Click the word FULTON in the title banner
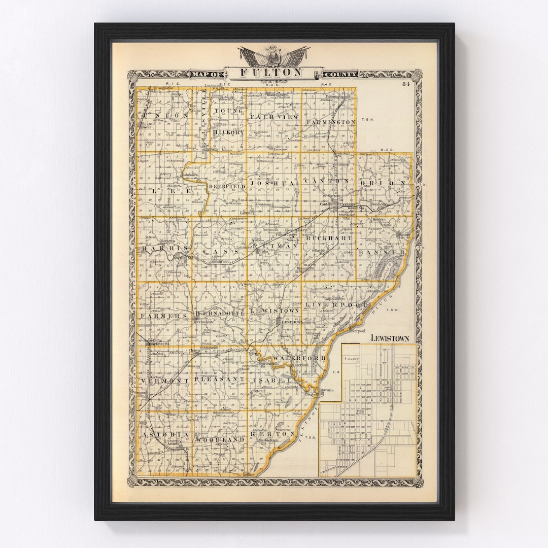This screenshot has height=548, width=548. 270,73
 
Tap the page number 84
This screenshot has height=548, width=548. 405,84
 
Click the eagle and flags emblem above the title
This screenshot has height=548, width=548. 274,56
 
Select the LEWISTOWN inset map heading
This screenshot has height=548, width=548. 390,338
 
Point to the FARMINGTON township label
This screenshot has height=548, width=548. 331,122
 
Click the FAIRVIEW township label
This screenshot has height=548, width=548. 268,116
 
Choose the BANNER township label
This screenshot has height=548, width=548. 382,252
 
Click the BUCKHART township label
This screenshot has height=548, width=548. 332,237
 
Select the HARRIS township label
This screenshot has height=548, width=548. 158,248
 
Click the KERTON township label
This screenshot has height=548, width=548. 277,435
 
